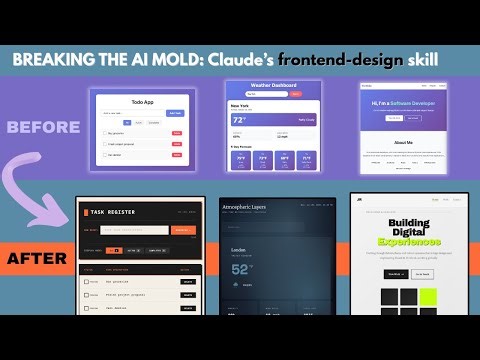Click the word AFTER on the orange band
37,258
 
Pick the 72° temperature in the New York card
239,119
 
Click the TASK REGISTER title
120,213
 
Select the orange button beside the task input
182,230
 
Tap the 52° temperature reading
244,268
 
